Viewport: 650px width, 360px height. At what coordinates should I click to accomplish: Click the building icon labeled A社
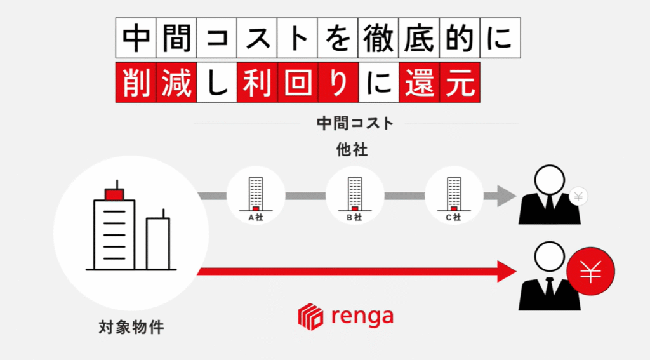coord(256,193)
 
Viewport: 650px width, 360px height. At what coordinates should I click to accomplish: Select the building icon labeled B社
coord(354,193)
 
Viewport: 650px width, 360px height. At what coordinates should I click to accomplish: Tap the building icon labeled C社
coord(453,193)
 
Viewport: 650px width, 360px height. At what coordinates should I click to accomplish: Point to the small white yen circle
coord(578,196)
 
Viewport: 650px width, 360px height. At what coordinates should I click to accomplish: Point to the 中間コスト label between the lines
coord(355,123)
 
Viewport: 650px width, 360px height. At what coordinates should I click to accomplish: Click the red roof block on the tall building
coord(114,194)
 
